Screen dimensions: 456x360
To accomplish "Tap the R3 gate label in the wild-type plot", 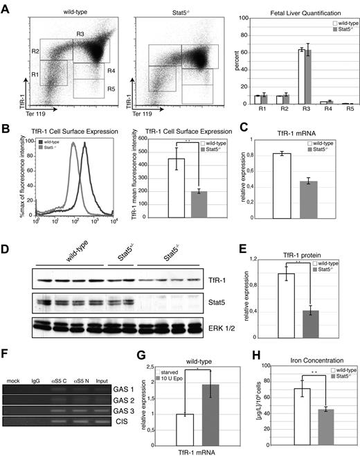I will [x=80, y=34].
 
